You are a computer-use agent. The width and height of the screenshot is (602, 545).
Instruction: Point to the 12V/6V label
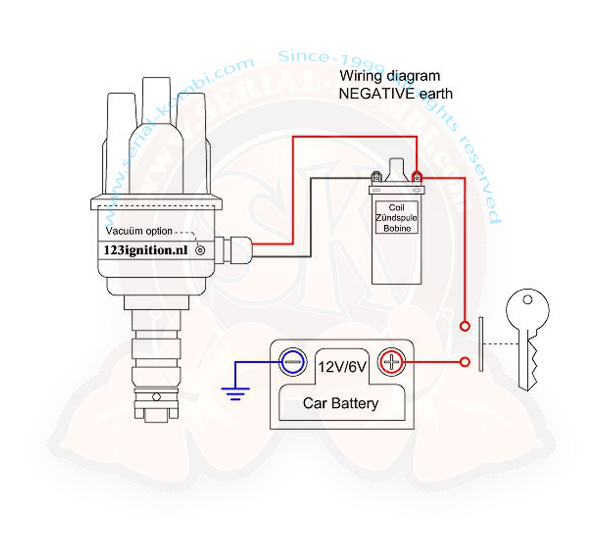pos(342,368)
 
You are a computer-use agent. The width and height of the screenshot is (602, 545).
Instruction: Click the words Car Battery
pos(341,403)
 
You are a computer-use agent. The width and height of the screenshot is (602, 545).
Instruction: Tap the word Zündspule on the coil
pos(397,218)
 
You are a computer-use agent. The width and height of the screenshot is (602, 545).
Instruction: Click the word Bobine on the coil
pos(397,228)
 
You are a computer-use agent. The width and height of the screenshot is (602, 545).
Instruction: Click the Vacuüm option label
pos(139,232)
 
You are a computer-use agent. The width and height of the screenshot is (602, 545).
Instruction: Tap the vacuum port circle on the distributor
pos(200,250)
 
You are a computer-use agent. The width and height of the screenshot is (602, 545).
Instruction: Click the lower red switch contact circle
pos(464,362)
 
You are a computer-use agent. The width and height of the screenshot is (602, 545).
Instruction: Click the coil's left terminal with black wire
pos(376,176)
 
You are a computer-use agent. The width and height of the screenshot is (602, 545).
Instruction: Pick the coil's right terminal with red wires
pos(416,176)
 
